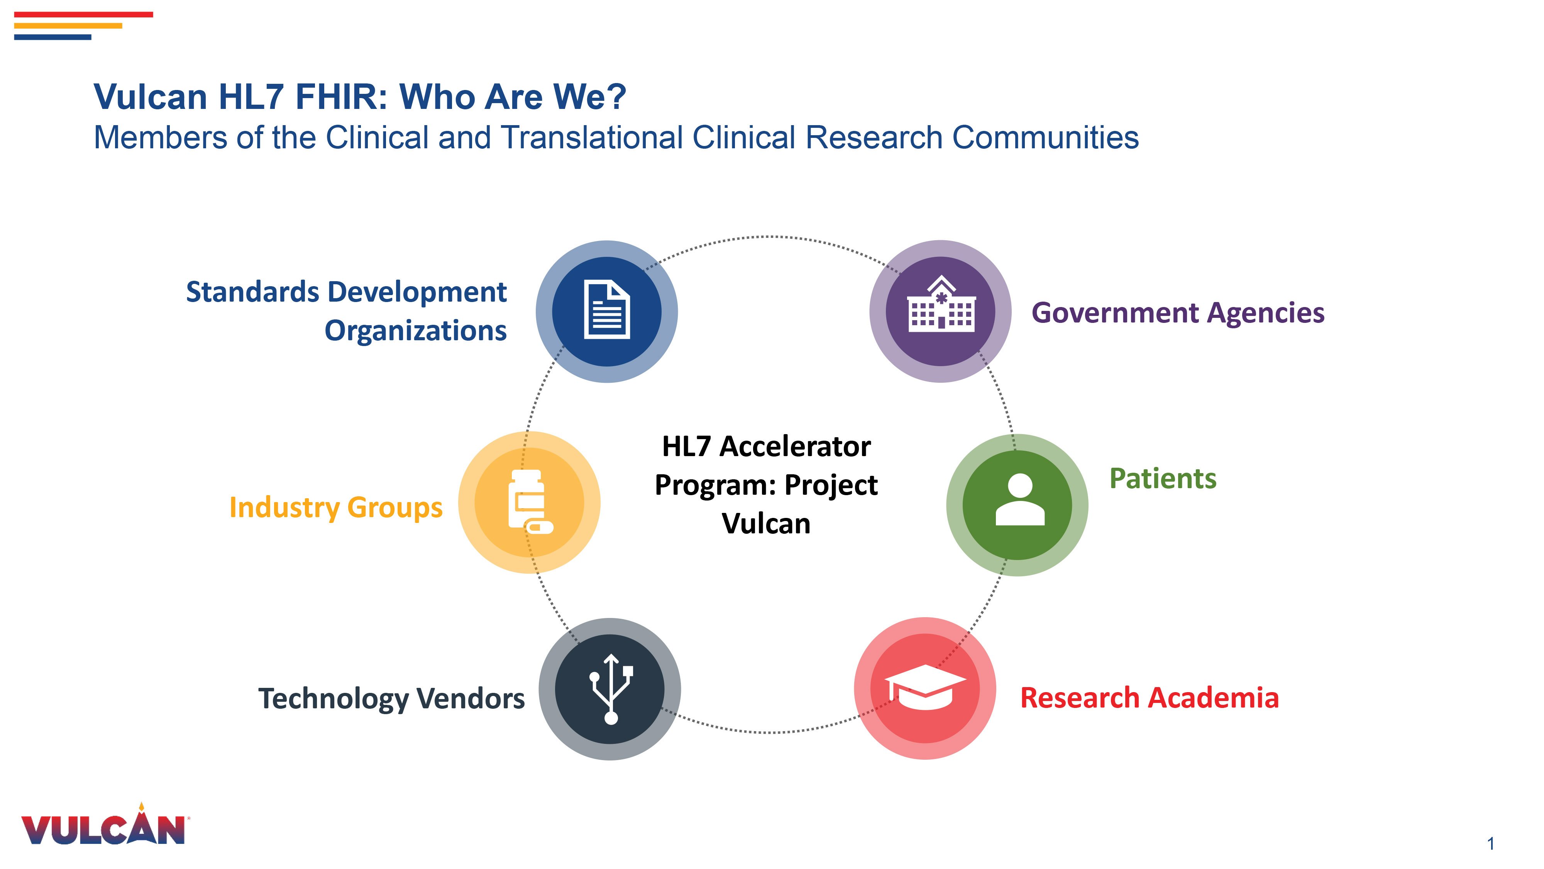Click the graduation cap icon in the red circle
pos(925,687)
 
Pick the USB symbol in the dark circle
pos(611,689)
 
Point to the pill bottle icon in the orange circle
pos(529,501)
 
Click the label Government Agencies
pos(1177,313)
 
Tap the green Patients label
pos(1162,479)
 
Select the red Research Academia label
pos(1149,698)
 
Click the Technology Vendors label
pos(391,699)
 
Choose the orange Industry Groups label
pos(336,507)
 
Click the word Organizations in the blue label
pos(415,331)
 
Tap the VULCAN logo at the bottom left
pos(103,829)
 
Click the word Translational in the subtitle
pos(592,137)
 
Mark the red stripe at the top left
pos(83,14)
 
